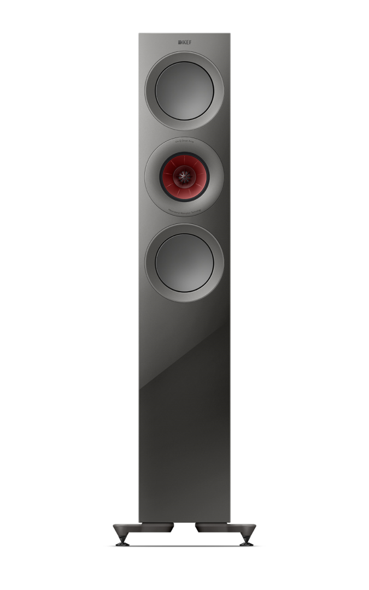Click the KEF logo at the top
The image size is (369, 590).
[184, 41]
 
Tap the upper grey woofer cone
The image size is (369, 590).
[184, 91]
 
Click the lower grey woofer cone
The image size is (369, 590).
[184, 263]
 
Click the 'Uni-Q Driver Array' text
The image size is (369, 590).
[184, 141]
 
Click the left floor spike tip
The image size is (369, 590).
[122, 544]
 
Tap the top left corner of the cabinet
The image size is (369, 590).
[139, 34]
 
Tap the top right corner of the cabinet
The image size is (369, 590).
[230, 34]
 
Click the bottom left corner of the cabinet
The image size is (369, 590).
[139, 521]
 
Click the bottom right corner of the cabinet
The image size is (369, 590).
[230, 521]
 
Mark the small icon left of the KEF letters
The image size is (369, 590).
[179, 41]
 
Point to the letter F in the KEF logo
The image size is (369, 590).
[189, 41]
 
